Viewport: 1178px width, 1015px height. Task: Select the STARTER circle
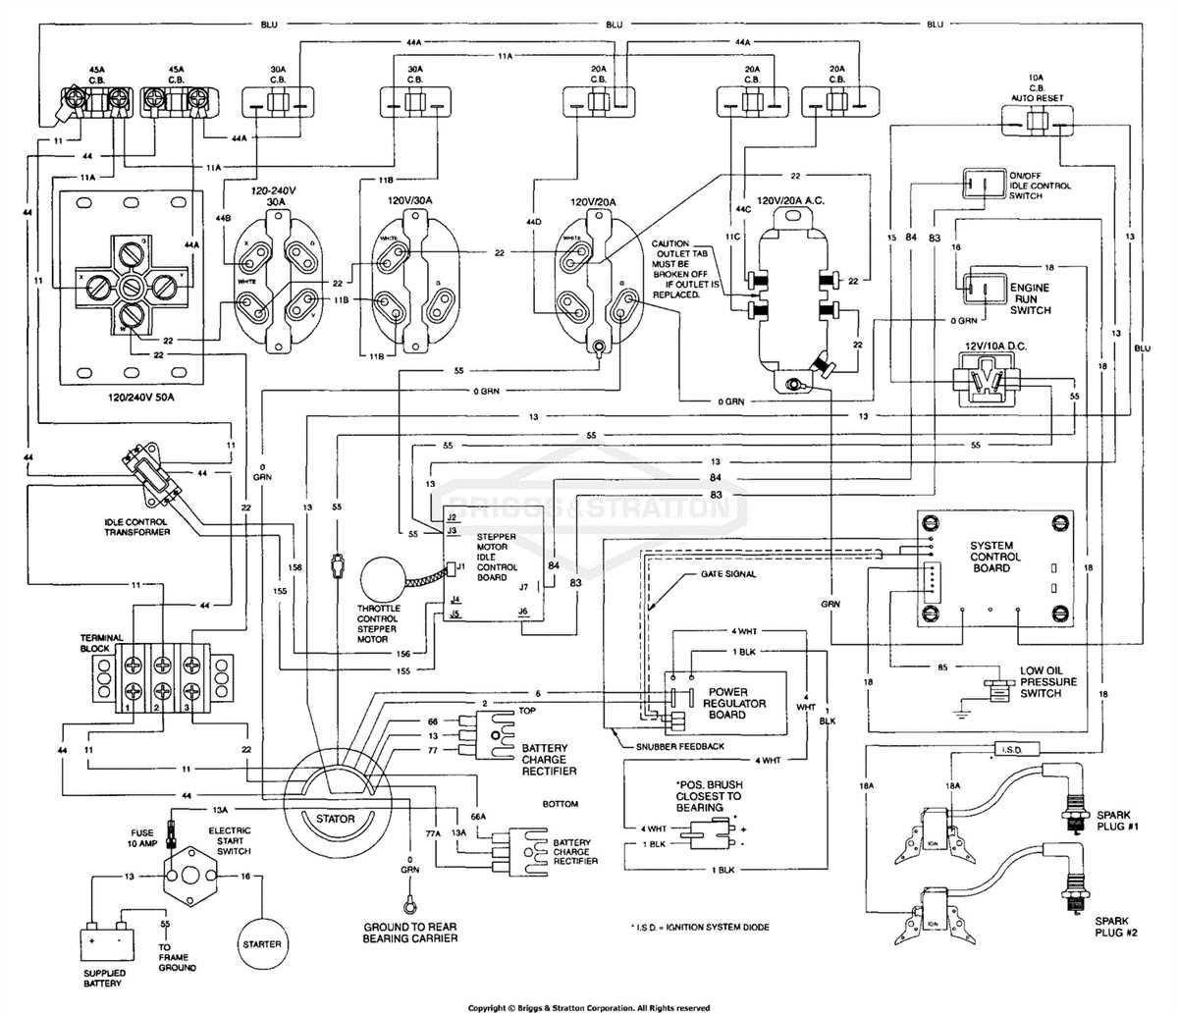point(261,943)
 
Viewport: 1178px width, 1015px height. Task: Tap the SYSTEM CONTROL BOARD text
point(991,557)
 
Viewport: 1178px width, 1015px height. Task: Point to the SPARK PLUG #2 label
point(1113,928)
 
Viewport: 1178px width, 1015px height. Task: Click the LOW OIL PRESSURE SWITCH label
point(1047,681)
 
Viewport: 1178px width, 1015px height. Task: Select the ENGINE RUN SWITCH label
point(1031,297)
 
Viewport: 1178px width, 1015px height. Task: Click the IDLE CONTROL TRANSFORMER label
point(137,526)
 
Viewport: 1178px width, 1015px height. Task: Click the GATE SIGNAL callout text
point(727,573)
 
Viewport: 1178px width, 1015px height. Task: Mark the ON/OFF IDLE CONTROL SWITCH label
point(1040,185)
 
